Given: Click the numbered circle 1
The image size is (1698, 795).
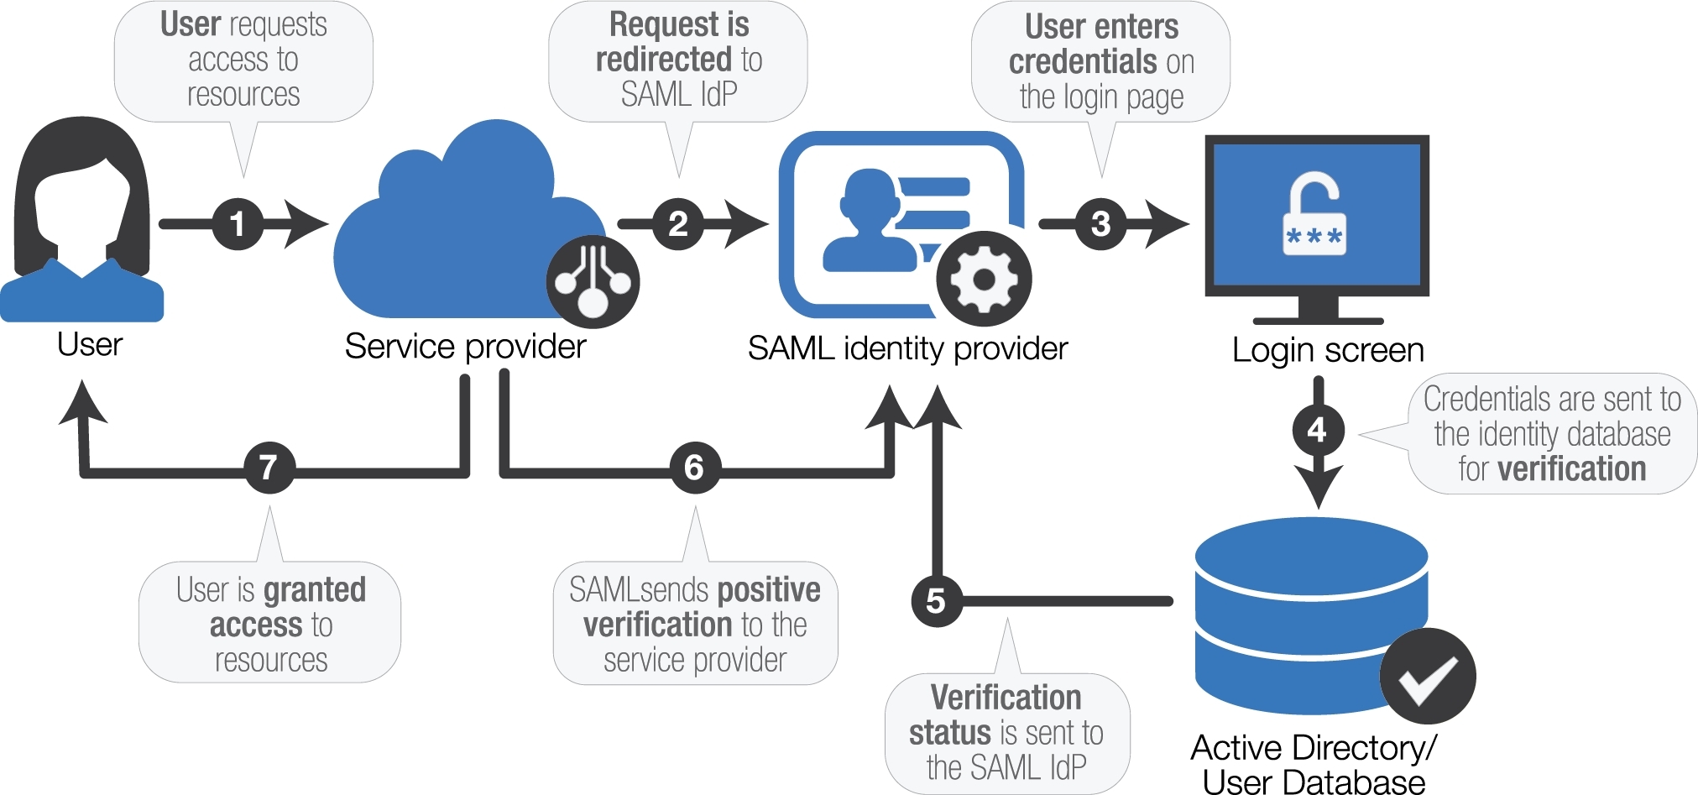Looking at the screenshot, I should [238, 224].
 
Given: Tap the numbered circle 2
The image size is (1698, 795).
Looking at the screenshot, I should [678, 224].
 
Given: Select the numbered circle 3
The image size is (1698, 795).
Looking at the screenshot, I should [1100, 224].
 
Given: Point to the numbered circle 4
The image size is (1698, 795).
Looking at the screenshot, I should [1317, 431].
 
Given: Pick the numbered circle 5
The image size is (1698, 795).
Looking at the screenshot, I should [936, 601].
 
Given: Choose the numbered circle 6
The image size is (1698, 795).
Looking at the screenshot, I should [694, 468].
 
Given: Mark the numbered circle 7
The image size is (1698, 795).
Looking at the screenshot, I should [269, 468].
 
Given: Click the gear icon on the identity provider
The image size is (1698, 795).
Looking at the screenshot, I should [984, 279].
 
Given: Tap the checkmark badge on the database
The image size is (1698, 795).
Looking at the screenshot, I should [1427, 677].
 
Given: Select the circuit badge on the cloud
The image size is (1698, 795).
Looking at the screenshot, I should [593, 282].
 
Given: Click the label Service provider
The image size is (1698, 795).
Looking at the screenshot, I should [465, 347].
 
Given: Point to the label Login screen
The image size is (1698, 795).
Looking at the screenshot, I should [1328, 350].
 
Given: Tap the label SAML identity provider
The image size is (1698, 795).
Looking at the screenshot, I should [907, 348].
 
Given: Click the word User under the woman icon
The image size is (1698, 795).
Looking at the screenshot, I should [90, 344].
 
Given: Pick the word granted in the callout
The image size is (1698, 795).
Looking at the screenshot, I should [314, 590].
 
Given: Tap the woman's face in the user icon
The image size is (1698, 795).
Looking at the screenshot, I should [81, 210].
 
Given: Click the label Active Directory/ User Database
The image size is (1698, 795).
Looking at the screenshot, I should [1314, 764].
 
